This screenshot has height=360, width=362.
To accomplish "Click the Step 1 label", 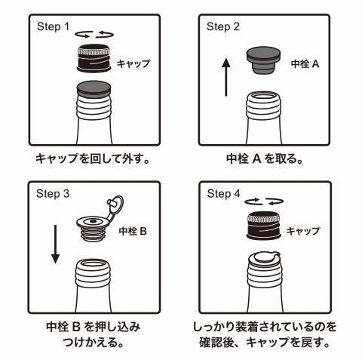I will pyautogui.click(x=53, y=26).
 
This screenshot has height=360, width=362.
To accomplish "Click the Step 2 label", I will pyautogui.click(x=223, y=26).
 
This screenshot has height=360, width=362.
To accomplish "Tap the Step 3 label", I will pyautogui.click(x=53, y=194).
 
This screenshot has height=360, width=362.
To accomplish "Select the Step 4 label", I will pyautogui.click(x=223, y=194).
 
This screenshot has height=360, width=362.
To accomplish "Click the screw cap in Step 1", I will pyautogui.click(x=94, y=59).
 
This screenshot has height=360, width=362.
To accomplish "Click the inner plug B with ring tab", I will pyautogui.click(x=97, y=225).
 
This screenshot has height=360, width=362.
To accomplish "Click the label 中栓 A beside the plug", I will pyautogui.click(x=305, y=64).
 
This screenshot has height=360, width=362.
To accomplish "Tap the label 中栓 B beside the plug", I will pyautogui.click(x=133, y=231).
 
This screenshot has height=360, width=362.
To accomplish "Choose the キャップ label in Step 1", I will pyautogui.click(x=133, y=64).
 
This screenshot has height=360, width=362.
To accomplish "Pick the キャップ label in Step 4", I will pyautogui.click(x=304, y=231).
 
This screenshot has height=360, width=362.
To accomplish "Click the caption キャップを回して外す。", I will pyautogui.click(x=95, y=159).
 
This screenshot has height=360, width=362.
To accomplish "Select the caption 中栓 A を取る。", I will pyautogui.click(x=265, y=159).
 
